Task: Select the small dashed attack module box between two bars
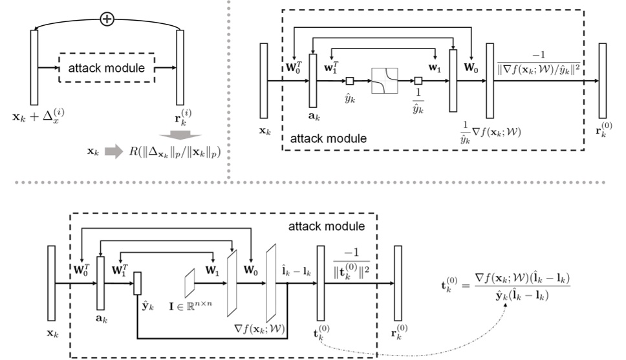coord(107,67)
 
